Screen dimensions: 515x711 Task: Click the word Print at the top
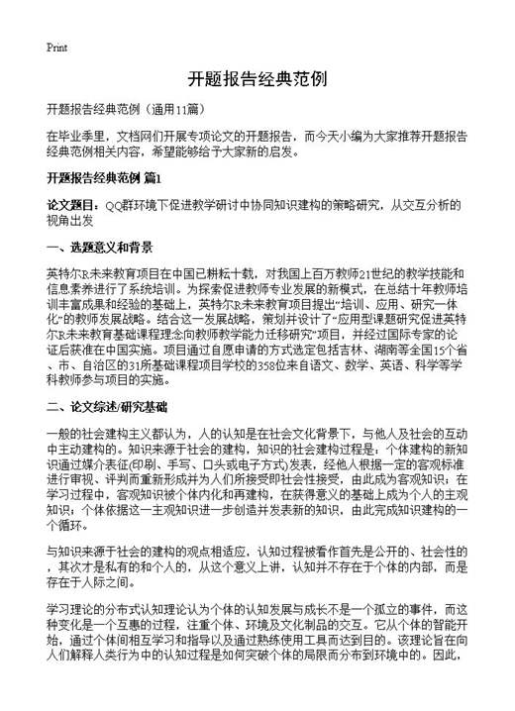click(x=55, y=47)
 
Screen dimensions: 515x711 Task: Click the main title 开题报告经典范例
click(x=257, y=79)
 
